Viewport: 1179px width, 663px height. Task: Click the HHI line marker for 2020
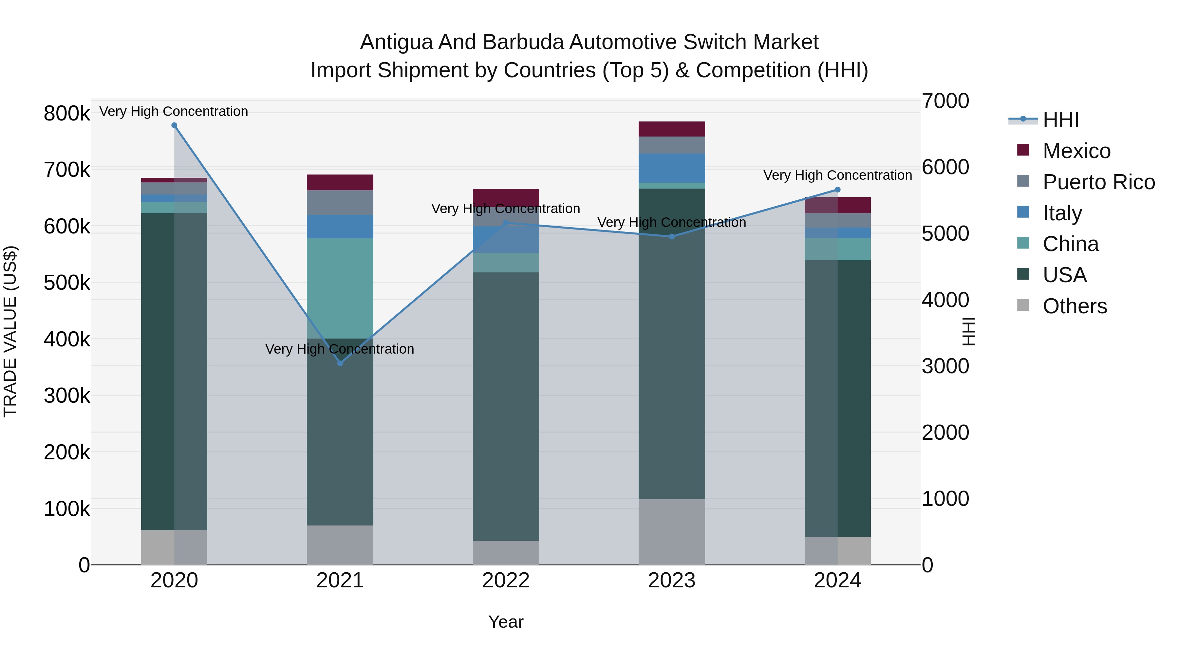pos(174,125)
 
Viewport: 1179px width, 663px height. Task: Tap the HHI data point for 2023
pos(672,237)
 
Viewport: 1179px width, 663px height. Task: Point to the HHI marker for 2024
pos(837,190)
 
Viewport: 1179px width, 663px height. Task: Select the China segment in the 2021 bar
pos(340,288)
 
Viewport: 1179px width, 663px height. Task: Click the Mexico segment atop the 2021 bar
pos(340,182)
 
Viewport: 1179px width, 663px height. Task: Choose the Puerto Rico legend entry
pos(1098,182)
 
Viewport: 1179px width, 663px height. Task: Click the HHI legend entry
pos(1061,120)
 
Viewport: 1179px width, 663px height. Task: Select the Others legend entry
pos(1075,306)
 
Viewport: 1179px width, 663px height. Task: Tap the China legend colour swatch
pos(1023,243)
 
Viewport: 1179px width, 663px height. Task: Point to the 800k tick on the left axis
pos(67,114)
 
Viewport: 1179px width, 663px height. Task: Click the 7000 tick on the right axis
pos(945,101)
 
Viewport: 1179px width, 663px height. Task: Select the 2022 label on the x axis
pos(506,580)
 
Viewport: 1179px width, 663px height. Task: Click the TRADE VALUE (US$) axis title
pos(10,331)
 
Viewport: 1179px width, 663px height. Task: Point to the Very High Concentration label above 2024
pos(837,175)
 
